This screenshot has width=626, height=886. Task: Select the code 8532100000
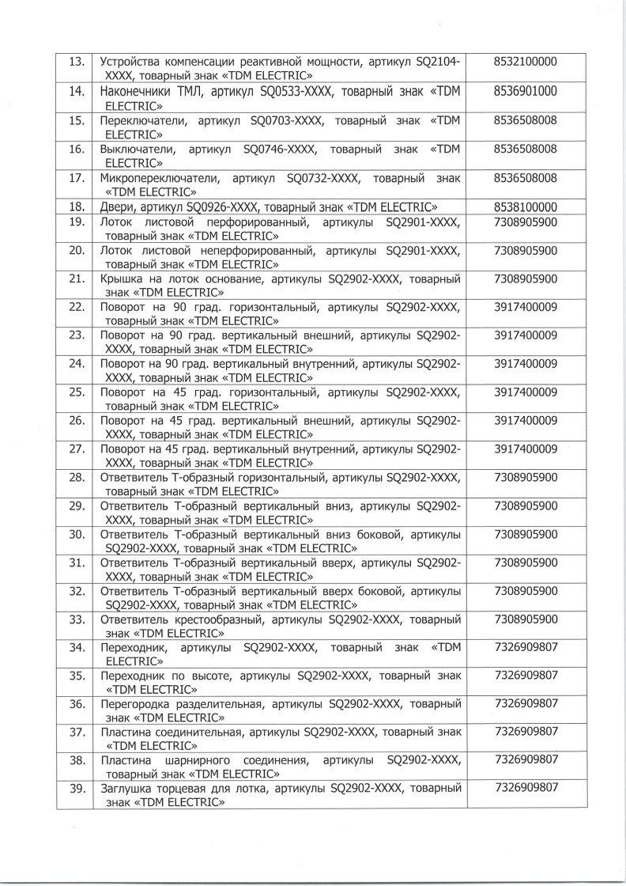click(x=525, y=62)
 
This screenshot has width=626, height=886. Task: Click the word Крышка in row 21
click(x=121, y=280)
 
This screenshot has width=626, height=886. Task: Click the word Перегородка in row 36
click(x=135, y=703)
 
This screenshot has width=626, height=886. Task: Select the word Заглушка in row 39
click(x=127, y=789)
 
